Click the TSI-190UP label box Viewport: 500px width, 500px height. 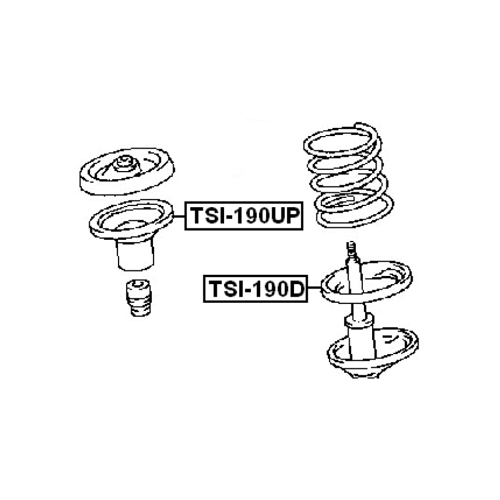pos(244,216)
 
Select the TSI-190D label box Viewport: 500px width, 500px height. pos(255,289)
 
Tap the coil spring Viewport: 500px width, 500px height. pos(349,175)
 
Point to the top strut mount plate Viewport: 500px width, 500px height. pos(127,172)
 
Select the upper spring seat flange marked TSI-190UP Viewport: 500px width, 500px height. pos(131,219)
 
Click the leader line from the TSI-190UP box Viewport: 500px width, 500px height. pos(179,216)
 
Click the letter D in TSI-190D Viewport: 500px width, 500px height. pos(296,289)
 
